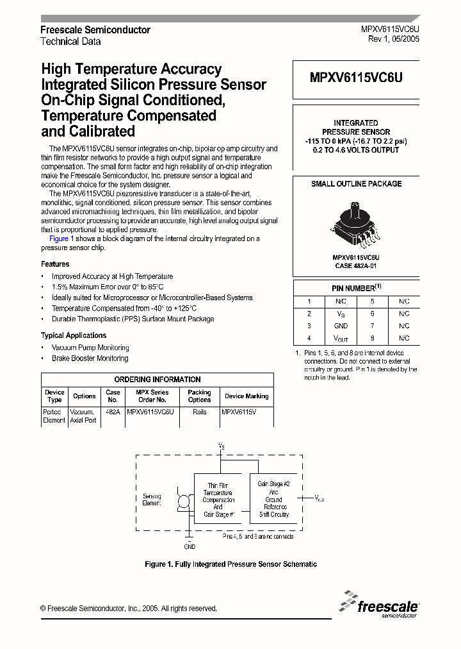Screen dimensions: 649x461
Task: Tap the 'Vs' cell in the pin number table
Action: click(341, 314)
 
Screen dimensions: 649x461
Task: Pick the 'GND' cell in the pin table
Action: click(341, 326)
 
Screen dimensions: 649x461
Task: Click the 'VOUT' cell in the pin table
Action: click(341, 338)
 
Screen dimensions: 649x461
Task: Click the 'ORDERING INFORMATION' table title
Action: click(157, 379)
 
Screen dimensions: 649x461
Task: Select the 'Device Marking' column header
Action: click(247, 396)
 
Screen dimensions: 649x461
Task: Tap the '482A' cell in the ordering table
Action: click(113, 412)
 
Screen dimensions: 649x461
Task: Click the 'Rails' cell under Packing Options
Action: click(199, 412)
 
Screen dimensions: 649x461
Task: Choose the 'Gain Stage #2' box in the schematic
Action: click(273, 499)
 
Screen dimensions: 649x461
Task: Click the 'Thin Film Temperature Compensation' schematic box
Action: click(218, 500)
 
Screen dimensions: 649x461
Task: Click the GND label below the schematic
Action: click(190, 546)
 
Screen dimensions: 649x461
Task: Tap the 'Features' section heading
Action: click(55, 264)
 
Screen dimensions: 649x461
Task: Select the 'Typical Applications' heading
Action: click(74, 335)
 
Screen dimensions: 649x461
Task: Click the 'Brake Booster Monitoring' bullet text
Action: click(90, 358)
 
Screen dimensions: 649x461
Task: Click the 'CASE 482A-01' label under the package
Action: click(356, 265)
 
